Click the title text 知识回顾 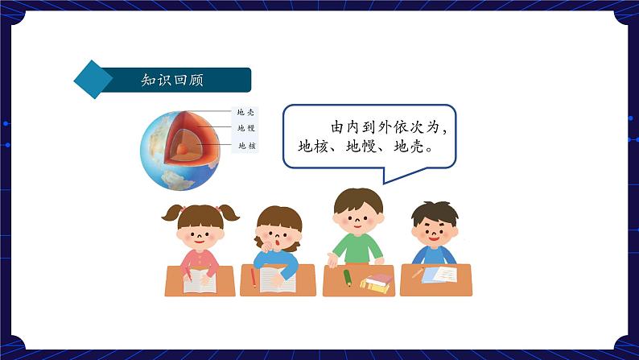[x=171, y=80]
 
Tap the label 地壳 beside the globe [x=245, y=114]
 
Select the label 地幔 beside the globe [x=245, y=129]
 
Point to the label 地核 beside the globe [x=245, y=146]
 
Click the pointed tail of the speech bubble [x=386, y=178]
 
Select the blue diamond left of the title [x=93, y=80]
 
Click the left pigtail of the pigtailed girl [x=172, y=213]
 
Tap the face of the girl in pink [x=200, y=234]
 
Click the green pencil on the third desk [x=347, y=277]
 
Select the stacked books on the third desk [x=377, y=282]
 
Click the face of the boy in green [x=358, y=217]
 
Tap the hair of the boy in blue [x=435, y=211]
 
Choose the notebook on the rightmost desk [x=439, y=275]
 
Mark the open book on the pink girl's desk [x=200, y=281]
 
